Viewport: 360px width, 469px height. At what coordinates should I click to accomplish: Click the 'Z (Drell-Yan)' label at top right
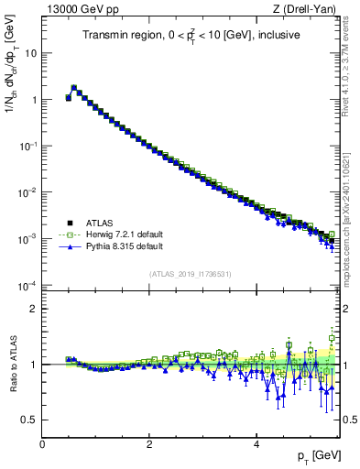(x=310, y=9)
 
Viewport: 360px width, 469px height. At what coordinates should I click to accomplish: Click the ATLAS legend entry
(x=100, y=223)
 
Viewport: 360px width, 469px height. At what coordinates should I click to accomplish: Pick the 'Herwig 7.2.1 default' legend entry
(x=124, y=234)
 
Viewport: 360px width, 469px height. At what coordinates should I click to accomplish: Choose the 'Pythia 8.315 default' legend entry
(x=124, y=246)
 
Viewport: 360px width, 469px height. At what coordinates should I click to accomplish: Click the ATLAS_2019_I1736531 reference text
(x=191, y=273)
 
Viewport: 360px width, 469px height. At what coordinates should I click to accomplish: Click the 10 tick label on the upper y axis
(x=31, y=53)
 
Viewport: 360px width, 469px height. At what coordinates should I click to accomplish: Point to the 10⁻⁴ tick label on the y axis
(x=27, y=285)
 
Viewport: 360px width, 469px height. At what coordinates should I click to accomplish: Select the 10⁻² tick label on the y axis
(x=27, y=192)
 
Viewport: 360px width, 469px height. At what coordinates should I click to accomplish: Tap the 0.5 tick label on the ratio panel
(x=29, y=420)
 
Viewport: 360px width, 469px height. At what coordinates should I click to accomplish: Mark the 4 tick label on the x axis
(x=256, y=444)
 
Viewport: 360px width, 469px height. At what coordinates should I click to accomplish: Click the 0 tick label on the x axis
(x=42, y=444)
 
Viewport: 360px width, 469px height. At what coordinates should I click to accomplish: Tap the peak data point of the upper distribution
(x=74, y=88)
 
